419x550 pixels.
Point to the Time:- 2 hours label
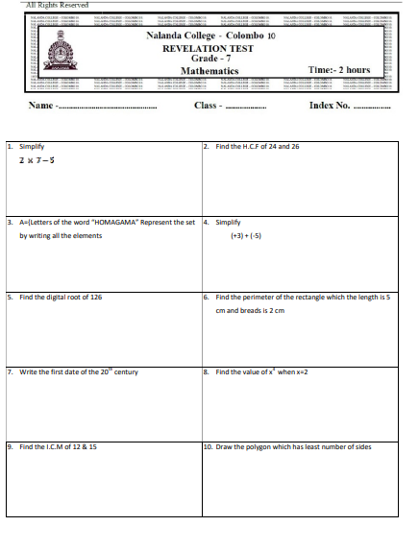pos(339,70)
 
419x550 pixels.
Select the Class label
pos(207,105)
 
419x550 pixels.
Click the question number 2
pos(207,146)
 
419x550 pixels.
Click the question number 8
pos(207,371)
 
